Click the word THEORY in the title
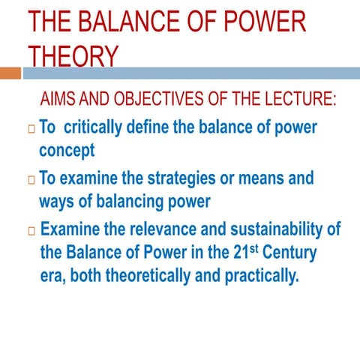[73, 55]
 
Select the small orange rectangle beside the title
[10, 73]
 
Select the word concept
[67, 150]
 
